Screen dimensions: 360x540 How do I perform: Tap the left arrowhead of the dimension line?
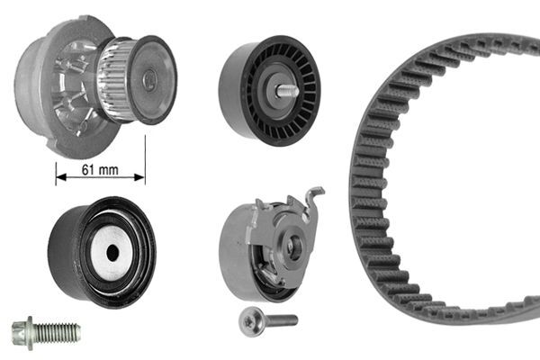click(x=60, y=177)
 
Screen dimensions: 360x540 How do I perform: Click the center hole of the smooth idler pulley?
click(x=112, y=253)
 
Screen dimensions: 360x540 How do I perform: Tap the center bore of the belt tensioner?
click(x=293, y=248)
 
